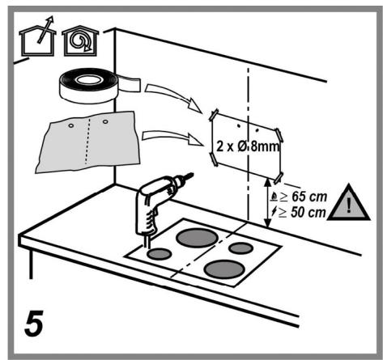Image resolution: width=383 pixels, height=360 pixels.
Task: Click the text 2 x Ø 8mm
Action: (x=247, y=148)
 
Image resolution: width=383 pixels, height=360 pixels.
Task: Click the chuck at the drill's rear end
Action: (x=187, y=176)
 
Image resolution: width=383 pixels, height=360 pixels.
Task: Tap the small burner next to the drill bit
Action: (x=160, y=253)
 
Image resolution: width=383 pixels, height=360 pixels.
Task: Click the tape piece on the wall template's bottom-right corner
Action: (x=279, y=175)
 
